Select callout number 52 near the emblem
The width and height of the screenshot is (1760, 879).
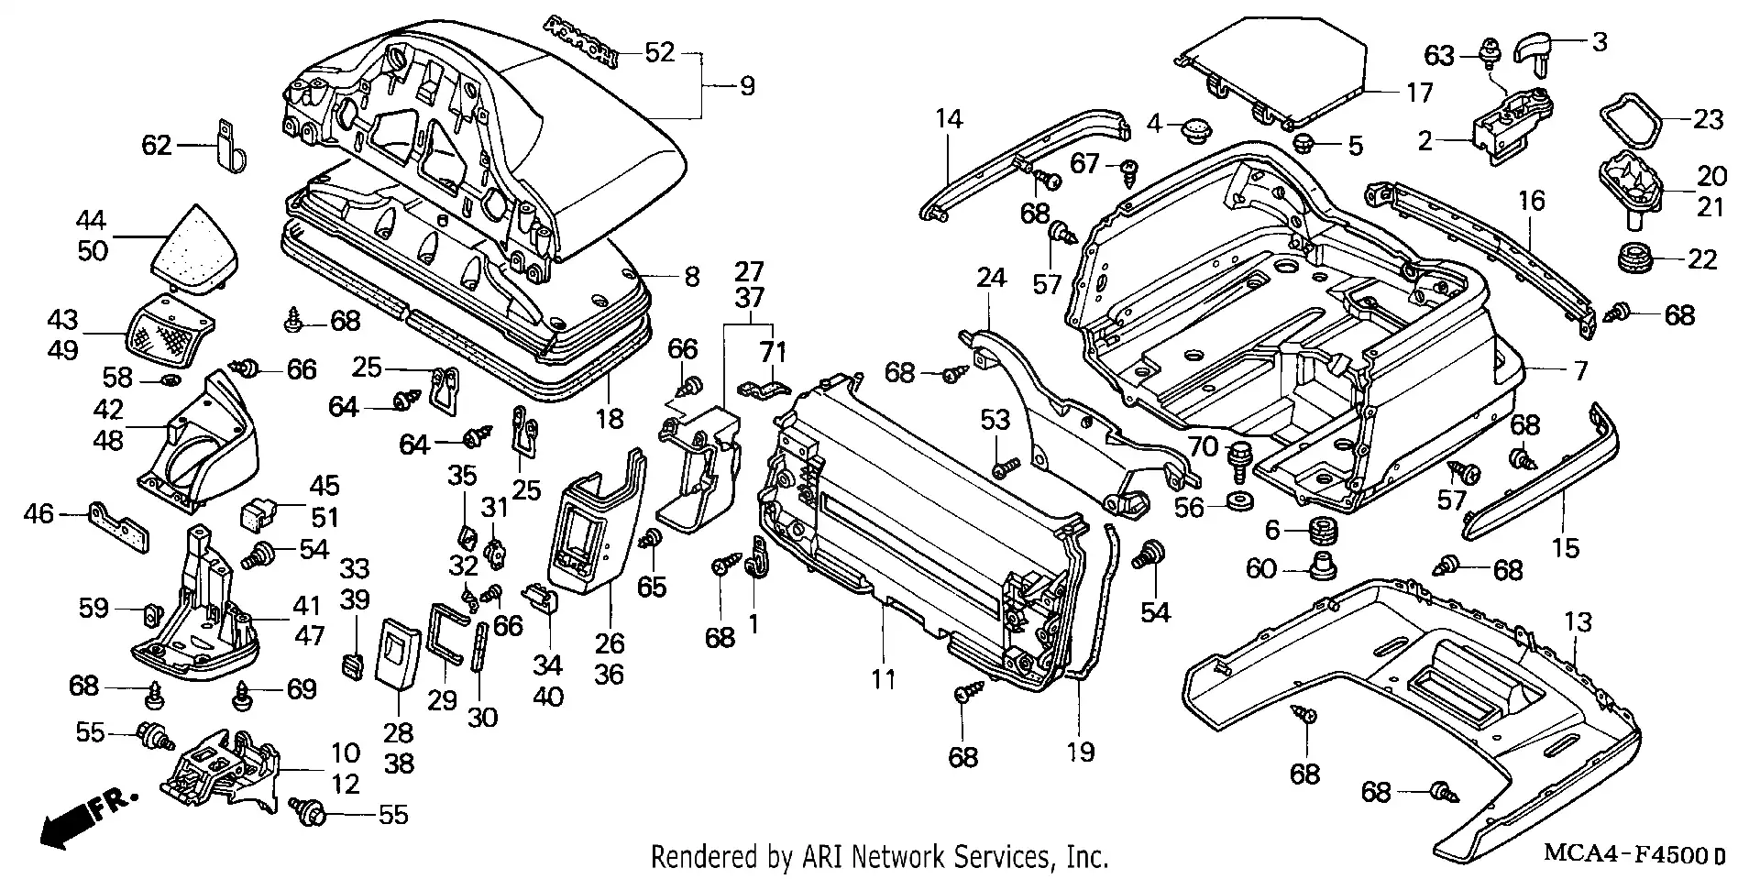click(x=659, y=52)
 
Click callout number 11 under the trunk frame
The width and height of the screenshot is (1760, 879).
click(x=883, y=679)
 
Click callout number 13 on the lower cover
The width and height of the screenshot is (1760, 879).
click(x=1578, y=623)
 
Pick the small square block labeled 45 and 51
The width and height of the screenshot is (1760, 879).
click(x=260, y=515)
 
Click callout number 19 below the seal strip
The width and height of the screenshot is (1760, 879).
click(x=1082, y=753)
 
